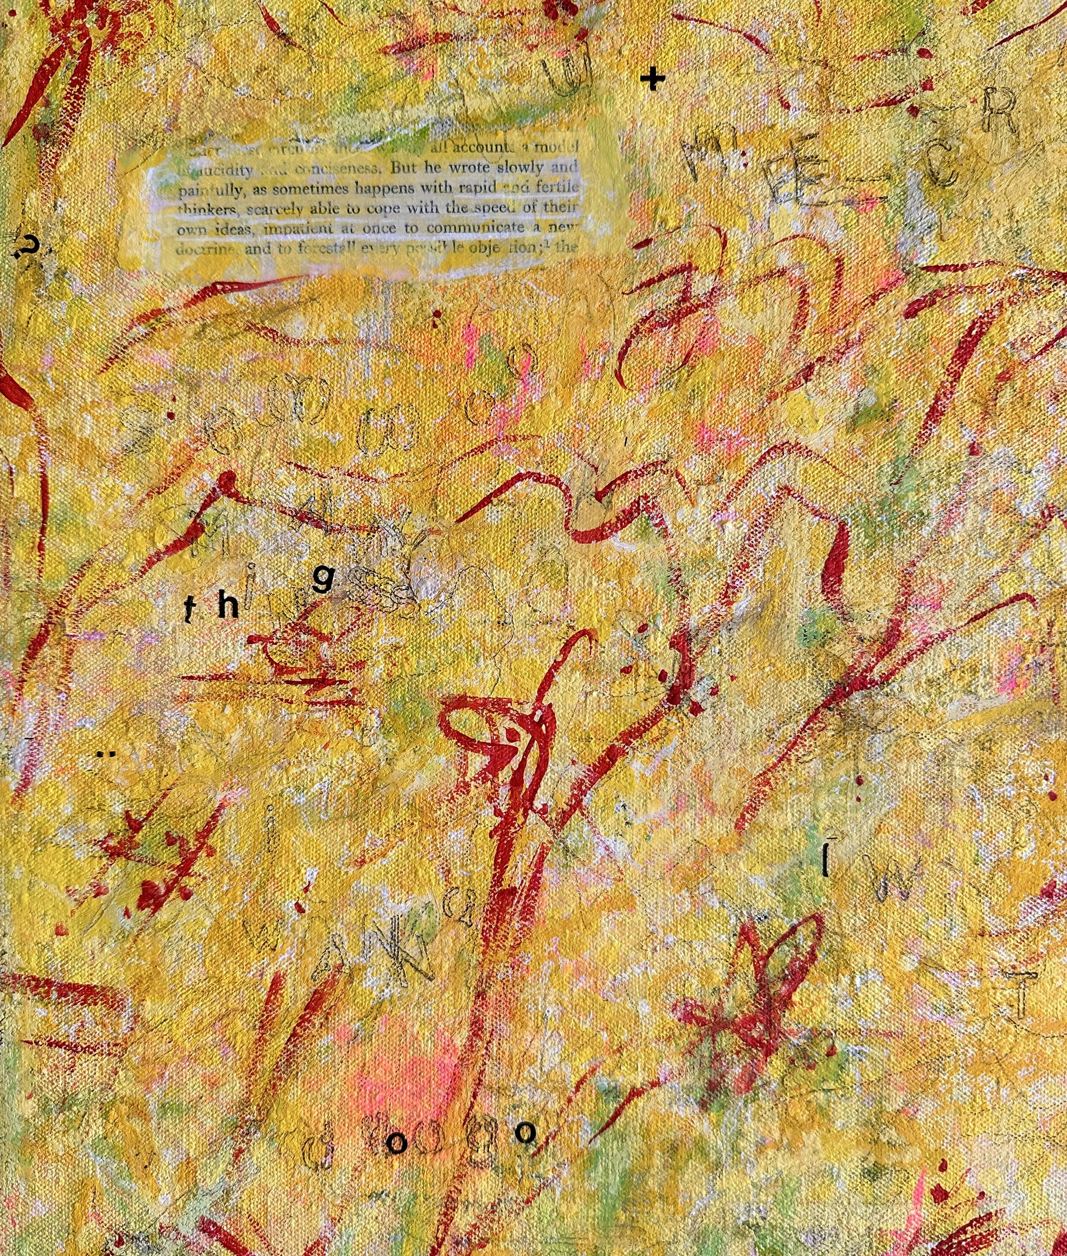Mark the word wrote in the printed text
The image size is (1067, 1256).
461,168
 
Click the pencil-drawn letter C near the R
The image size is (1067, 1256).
943,163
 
